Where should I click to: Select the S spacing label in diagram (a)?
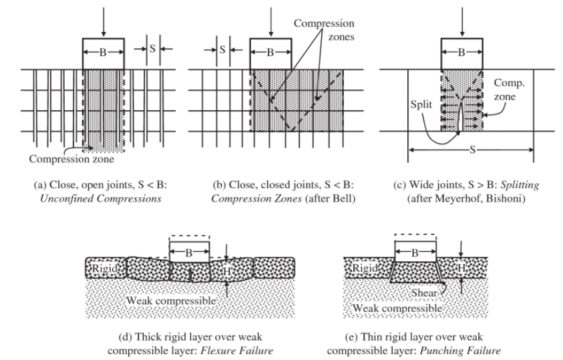point(152,47)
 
